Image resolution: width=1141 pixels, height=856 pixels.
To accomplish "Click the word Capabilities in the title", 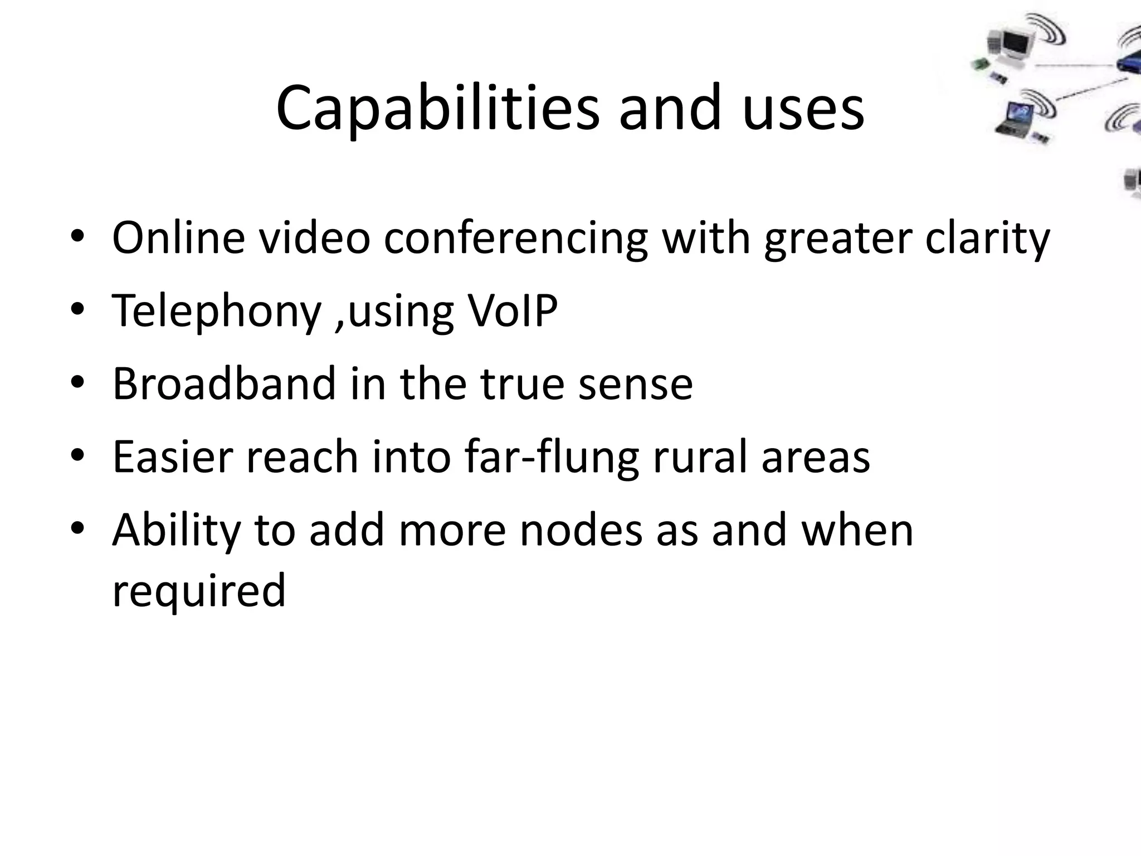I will pos(438,109).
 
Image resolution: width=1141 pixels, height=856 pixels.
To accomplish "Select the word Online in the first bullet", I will pos(178,238).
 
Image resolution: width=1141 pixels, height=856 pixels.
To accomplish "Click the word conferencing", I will pos(515,238).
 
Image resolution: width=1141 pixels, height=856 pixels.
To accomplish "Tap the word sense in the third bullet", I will pos(635,385).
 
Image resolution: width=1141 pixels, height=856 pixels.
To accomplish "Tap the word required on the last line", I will pos(199,591).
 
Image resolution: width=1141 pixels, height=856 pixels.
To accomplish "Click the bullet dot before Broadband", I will pos(77,383).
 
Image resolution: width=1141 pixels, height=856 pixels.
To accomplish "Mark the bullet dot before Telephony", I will pos(77,310).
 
